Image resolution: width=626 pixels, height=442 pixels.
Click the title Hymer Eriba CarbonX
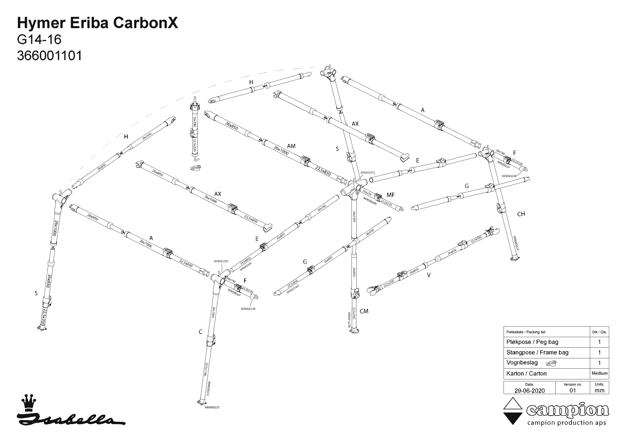(x=97, y=24)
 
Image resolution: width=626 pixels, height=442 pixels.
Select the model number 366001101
(x=49, y=56)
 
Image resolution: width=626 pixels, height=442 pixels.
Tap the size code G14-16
(x=39, y=40)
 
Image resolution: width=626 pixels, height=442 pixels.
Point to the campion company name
(x=568, y=410)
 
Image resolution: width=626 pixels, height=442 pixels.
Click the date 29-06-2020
(x=529, y=390)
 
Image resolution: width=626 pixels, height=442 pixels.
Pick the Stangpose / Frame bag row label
(x=537, y=352)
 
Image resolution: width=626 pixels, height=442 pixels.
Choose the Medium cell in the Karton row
(x=599, y=373)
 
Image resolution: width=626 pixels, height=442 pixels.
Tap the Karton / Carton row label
(x=526, y=373)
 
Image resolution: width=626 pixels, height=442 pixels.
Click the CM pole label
(x=364, y=311)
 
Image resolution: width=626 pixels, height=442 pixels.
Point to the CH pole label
(x=521, y=214)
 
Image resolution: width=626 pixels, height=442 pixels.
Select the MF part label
(x=390, y=195)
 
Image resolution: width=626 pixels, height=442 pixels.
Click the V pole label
(x=429, y=275)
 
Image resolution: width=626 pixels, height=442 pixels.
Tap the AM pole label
(x=291, y=146)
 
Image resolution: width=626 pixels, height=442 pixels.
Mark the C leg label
(x=200, y=332)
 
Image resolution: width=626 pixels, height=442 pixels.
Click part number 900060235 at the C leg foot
(x=212, y=408)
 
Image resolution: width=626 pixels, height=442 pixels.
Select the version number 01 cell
(x=573, y=390)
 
